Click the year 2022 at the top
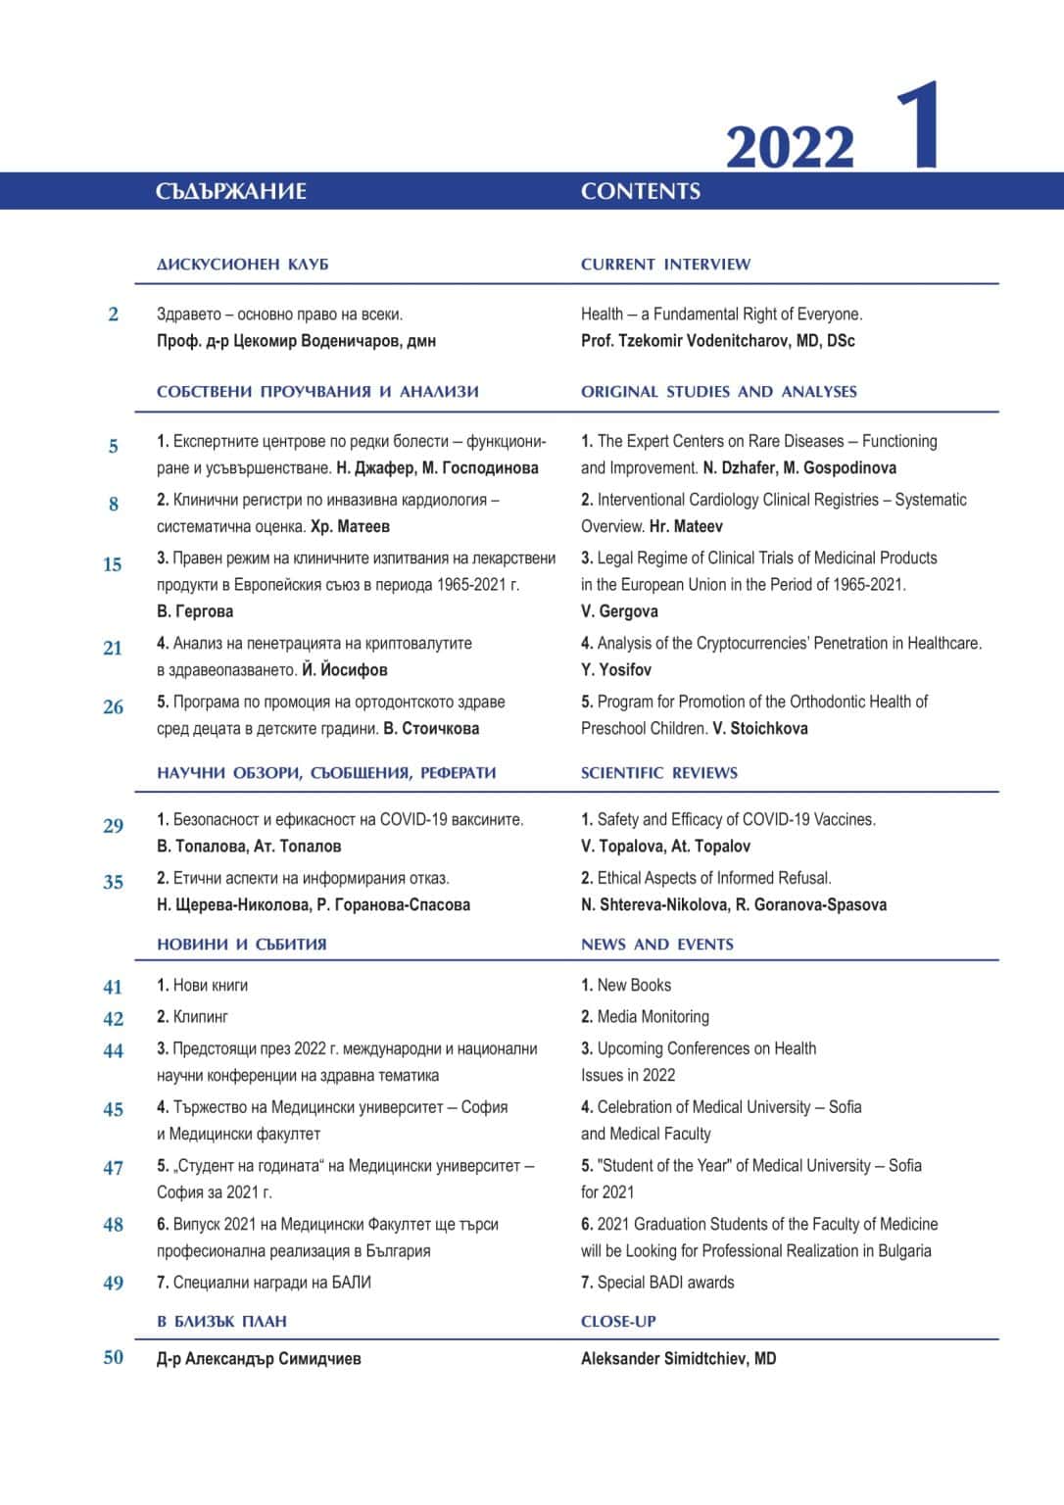[x=790, y=148]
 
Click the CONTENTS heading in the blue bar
[x=640, y=191]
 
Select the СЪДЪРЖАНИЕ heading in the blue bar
[x=230, y=191]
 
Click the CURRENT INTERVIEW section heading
[x=665, y=265]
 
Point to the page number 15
[x=113, y=564]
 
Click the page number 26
[x=113, y=707]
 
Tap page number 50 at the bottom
[x=113, y=1357]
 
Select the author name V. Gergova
[x=619, y=611]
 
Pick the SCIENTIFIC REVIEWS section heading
[x=658, y=773]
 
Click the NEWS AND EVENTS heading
[x=656, y=945]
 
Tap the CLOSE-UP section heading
[x=618, y=1322]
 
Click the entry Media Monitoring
[x=653, y=1017]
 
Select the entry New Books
[x=634, y=986]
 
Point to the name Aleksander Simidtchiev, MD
[x=678, y=1359]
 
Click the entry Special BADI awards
[x=664, y=1283]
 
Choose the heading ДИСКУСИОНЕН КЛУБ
[x=242, y=265]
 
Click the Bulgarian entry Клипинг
[x=200, y=1017]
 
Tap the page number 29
[x=113, y=826]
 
